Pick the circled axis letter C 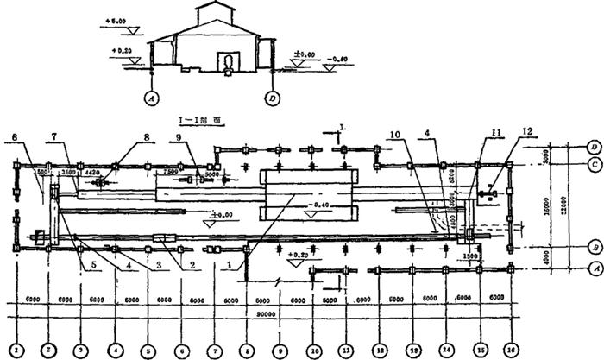593,163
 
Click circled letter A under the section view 152,98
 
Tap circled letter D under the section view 273,98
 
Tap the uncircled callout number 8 148,136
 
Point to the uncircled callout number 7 53,136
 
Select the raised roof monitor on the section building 214,14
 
